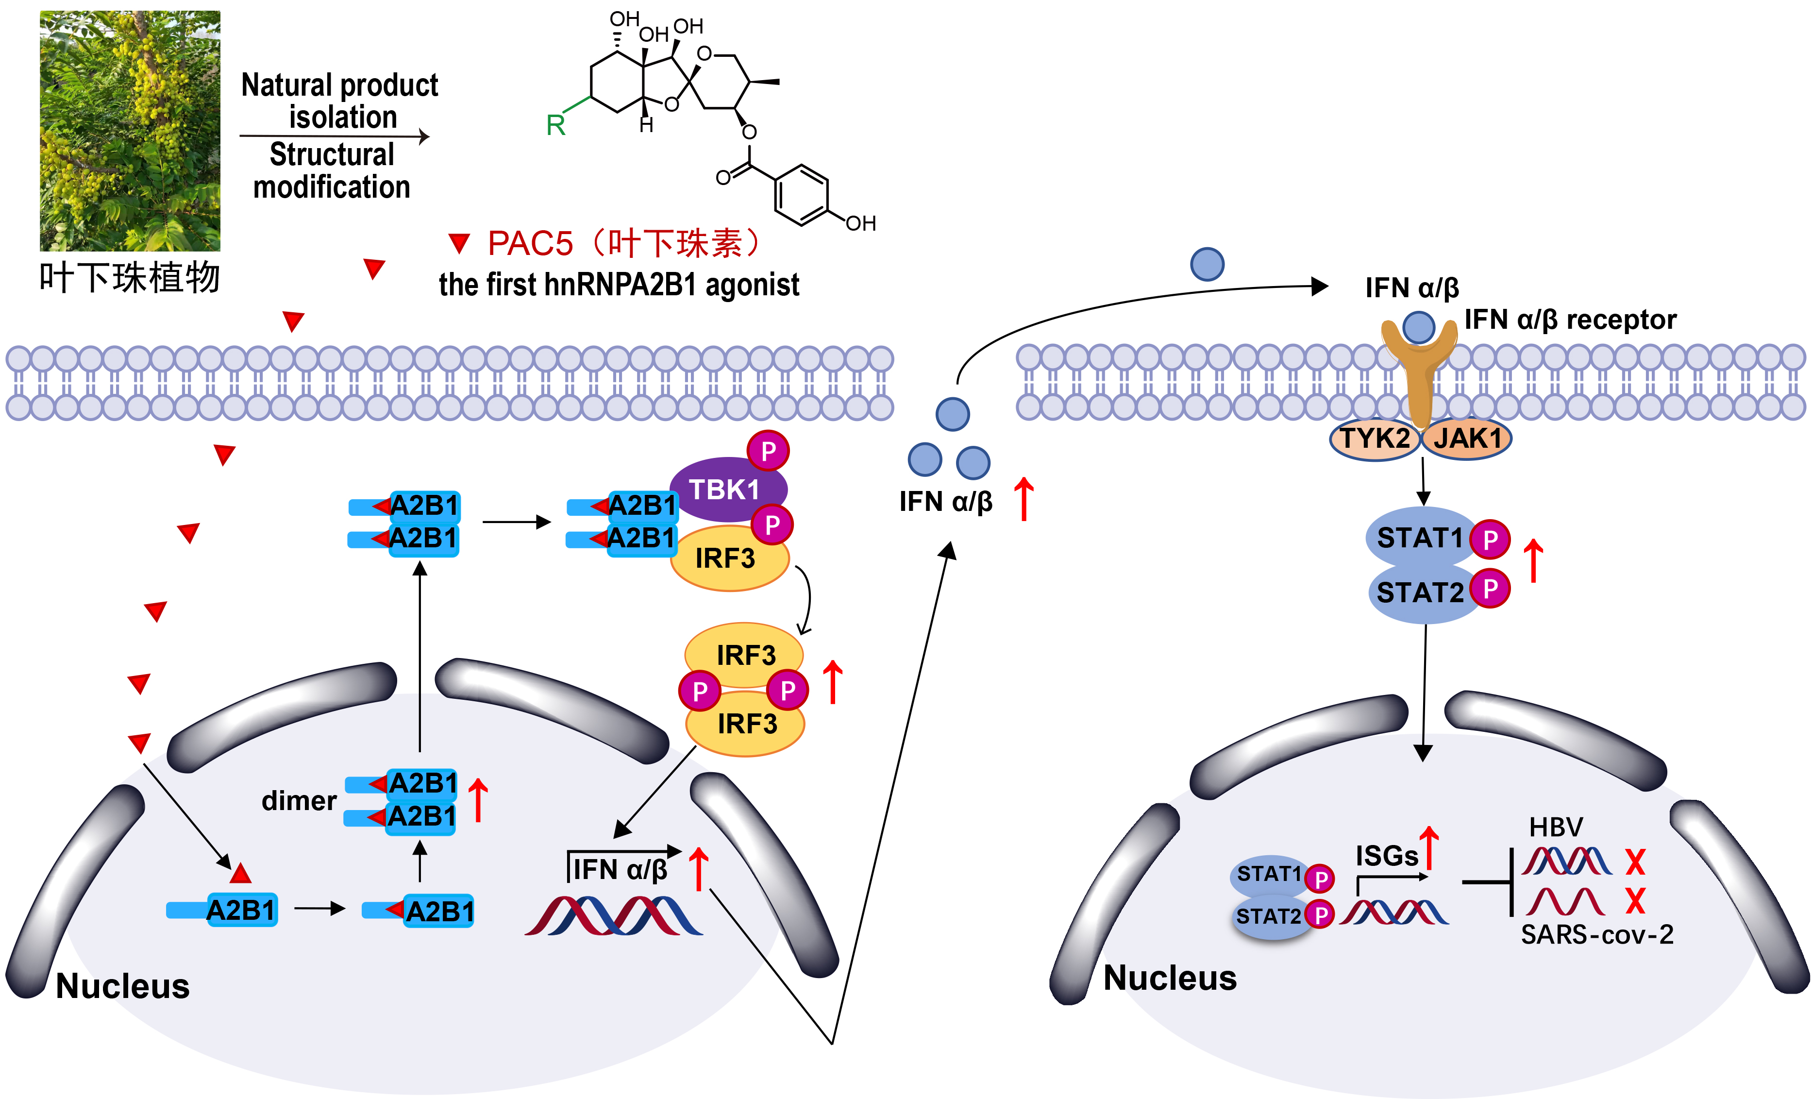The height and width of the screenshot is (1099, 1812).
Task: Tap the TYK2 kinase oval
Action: [x=1374, y=439]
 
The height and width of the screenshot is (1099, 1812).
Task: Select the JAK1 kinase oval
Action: [x=1466, y=439]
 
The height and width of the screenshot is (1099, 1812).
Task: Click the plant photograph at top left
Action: [x=130, y=131]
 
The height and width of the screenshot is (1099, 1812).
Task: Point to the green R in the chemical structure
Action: [x=556, y=125]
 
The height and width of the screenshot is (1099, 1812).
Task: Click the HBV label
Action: [x=1555, y=828]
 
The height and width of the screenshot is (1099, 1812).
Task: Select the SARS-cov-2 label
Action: [x=1596, y=935]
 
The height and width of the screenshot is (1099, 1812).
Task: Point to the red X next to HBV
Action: [x=1635, y=862]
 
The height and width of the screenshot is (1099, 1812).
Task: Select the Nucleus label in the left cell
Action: [x=123, y=986]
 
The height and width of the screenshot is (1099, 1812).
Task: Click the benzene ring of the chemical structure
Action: [x=802, y=195]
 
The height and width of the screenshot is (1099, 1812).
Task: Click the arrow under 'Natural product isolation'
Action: [x=335, y=136]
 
